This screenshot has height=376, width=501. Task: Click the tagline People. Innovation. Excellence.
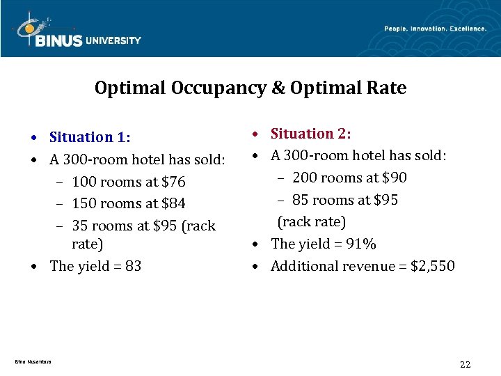click(435, 29)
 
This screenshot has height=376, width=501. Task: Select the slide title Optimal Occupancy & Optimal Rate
click(250, 88)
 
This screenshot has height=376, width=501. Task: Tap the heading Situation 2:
click(310, 133)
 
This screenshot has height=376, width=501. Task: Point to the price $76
click(173, 182)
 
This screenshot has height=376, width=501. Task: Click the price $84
click(173, 204)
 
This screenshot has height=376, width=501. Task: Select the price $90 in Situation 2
click(394, 178)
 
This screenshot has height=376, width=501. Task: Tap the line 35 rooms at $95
click(143, 226)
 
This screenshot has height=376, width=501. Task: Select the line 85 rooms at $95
click(345, 200)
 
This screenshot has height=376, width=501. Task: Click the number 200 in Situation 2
click(305, 178)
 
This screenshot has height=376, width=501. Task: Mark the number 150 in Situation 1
click(84, 204)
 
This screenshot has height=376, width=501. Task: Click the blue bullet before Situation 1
click(42, 138)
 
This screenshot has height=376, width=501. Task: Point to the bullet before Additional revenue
click(263, 267)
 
